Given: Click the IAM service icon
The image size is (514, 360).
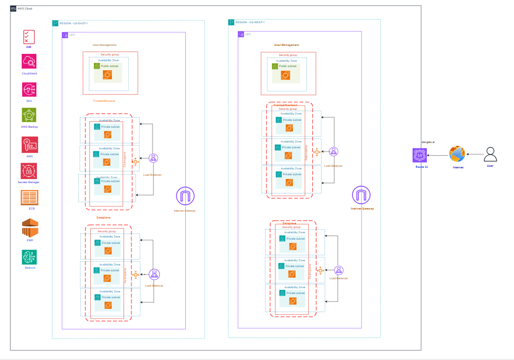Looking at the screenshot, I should point(29,37).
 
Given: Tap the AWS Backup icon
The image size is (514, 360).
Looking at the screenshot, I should point(29,115).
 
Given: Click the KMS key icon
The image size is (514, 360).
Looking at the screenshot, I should point(30,145).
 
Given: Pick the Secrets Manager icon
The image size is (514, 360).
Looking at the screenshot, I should point(29,171).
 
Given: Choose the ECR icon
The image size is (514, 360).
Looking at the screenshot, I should point(30,197).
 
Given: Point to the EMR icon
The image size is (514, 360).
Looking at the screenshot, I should point(30,228).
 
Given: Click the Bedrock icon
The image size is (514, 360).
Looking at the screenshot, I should point(30,257).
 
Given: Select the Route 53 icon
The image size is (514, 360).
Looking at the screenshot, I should point(420,156).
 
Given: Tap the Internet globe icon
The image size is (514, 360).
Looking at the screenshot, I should point(456,155).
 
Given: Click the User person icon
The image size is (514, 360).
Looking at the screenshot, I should point(491,154).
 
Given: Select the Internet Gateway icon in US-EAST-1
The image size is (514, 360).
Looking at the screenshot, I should point(185,197).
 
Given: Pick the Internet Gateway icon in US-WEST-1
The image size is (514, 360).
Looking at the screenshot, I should point(361,195).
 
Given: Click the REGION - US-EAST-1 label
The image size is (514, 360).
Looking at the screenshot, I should point(73,23).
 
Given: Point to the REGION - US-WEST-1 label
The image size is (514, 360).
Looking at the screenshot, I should point(250,22).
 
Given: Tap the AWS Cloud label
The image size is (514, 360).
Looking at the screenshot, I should point(25,8).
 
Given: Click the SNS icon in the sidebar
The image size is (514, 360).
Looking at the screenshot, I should point(29,89).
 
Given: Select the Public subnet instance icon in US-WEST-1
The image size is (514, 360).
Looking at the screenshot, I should point(285,76).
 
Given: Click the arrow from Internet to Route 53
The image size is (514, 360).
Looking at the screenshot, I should point(437,155).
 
